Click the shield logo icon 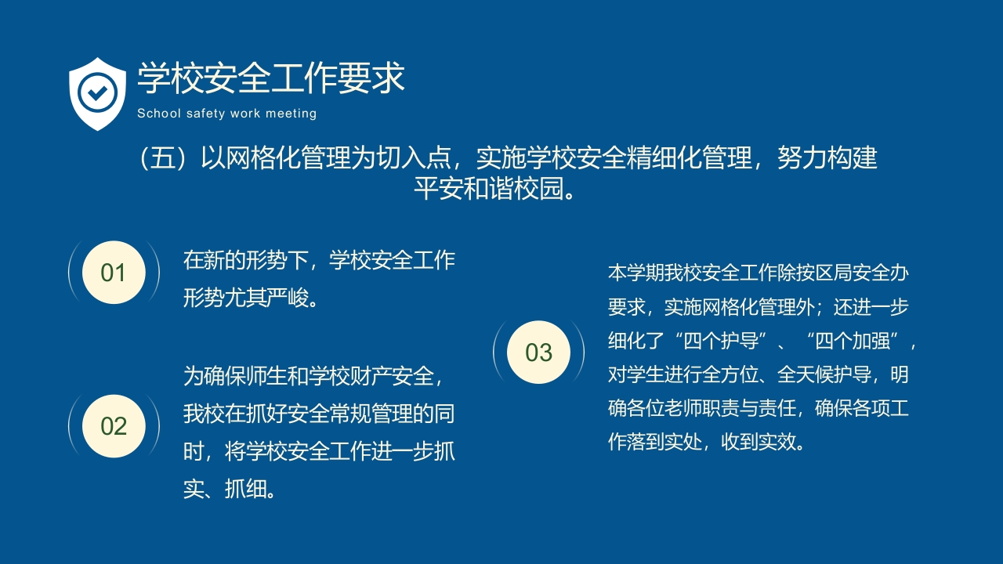(x=97, y=93)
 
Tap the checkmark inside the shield (x=97, y=92)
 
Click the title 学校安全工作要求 (x=271, y=78)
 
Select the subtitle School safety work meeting (x=226, y=114)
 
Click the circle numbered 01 (x=114, y=273)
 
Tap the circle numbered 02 (x=114, y=426)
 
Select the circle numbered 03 (x=539, y=352)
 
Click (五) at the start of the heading (x=154, y=159)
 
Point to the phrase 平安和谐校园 (x=489, y=189)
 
